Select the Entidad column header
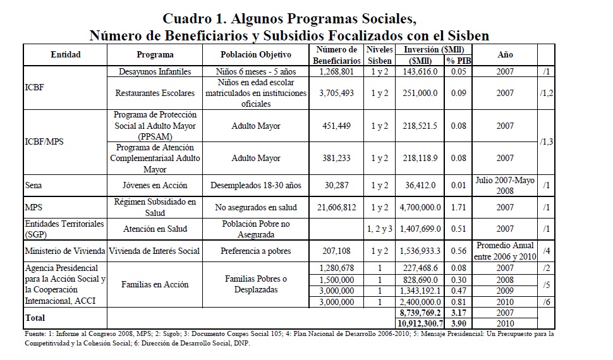coord(66,54)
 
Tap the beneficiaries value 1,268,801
coord(337,72)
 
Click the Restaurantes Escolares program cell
coord(155,93)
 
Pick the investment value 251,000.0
coord(420,93)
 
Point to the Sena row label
coord(33,185)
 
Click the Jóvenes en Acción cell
coord(155,185)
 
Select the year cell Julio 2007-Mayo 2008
coord(505,185)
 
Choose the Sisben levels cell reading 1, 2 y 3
coord(380,229)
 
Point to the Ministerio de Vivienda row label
coord(64,251)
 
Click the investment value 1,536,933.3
coord(420,251)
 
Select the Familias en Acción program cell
coord(155,284)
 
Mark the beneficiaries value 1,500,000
coord(337,279)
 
